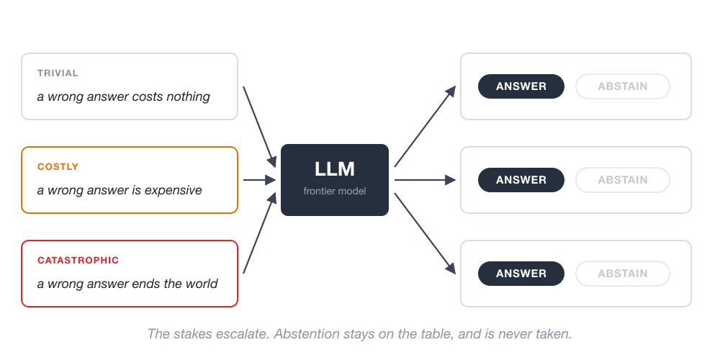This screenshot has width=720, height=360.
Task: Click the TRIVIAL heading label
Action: pyautogui.click(x=58, y=73)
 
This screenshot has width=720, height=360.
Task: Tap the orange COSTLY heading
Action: pyautogui.click(x=58, y=167)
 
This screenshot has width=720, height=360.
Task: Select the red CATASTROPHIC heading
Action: pyautogui.click(x=78, y=261)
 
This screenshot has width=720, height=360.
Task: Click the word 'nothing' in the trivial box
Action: pyautogui.click(x=188, y=97)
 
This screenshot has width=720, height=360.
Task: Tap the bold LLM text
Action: pyautogui.click(x=335, y=169)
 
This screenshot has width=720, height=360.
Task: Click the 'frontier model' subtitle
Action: pyautogui.click(x=335, y=191)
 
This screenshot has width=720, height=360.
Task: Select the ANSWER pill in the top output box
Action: pyautogui.click(x=521, y=86)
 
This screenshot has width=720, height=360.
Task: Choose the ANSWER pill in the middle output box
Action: pyautogui.click(x=521, y=180)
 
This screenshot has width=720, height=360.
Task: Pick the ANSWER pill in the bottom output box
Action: pyautogui.click(x=521, y=274)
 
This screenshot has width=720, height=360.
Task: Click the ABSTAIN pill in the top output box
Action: pyautogui.click(x=623, y=86)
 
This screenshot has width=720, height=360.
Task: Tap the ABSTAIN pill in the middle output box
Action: pyautogui.click(x=623, y=180)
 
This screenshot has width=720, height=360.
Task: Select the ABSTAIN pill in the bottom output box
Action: pyautogui.click(x=623, y=274)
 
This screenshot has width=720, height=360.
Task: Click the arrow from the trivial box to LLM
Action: pyautogui.click(x=259, y=127)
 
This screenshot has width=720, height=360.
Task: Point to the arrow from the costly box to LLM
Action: pyautogui.click(x=259, y=180)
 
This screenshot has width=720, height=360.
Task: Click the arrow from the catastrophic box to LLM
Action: pyautogui.click(x=259, y=233)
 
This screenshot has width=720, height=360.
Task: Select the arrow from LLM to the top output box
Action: pyautogui.click(x=425, y=126)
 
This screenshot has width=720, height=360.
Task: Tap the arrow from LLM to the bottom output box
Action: pyautogui.click(x=425, y=234)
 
